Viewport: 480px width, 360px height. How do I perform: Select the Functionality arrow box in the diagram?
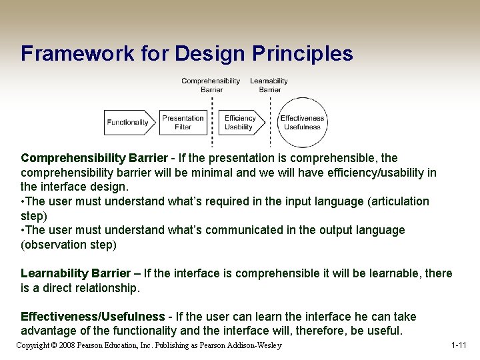129,122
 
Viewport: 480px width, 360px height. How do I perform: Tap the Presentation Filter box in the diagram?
183,122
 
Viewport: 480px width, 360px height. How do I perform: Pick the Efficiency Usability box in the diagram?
239,122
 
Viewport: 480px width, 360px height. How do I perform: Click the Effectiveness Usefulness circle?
302,122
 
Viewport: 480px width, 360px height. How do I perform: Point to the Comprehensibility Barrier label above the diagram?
211,85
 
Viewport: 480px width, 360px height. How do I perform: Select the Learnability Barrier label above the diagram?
269,85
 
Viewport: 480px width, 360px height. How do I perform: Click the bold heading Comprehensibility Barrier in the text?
94,158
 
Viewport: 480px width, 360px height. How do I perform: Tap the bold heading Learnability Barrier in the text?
75,273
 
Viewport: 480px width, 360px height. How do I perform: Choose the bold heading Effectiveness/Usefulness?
93,317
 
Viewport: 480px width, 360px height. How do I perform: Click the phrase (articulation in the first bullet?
398,201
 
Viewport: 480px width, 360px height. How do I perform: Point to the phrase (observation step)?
69,245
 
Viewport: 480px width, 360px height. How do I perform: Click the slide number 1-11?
458,345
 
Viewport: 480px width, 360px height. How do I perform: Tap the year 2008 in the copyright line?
67,345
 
